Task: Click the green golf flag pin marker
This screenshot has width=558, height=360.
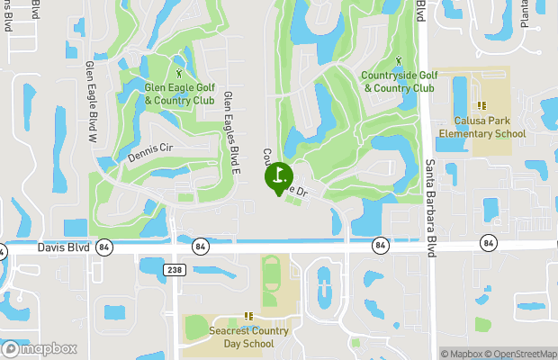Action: pos(279,175)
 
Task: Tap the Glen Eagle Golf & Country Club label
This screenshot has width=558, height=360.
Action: pos(180,94)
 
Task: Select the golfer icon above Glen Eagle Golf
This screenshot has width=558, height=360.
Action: pos(179,72)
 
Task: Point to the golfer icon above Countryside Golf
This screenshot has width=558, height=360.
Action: pos(399,60)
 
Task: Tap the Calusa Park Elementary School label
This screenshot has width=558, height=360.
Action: pos(481,128)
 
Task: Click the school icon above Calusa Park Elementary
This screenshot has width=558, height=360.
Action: pos(482,106)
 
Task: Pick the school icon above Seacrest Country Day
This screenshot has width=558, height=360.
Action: pos(248,316)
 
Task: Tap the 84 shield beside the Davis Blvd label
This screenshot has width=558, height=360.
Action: pos(105,247)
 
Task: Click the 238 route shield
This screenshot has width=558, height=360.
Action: pos(175,269)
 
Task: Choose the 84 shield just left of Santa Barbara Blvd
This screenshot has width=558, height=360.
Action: pos(381,244)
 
